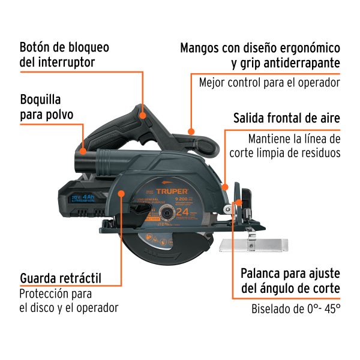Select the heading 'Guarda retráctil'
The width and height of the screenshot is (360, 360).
click(x=60, y=278)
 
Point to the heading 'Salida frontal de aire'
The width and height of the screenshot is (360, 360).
click(x=287, y=118)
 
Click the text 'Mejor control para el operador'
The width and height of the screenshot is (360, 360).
click(x=269, y=83)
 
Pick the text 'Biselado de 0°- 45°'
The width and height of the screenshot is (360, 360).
click(x=295, y=310)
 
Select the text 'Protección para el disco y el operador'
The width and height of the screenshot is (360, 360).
click(x=68, y=301)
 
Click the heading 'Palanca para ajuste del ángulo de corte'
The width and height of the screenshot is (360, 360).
click(x=290, y=280)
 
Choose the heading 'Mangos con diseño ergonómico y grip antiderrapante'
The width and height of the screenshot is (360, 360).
click(x=260, y=55)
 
